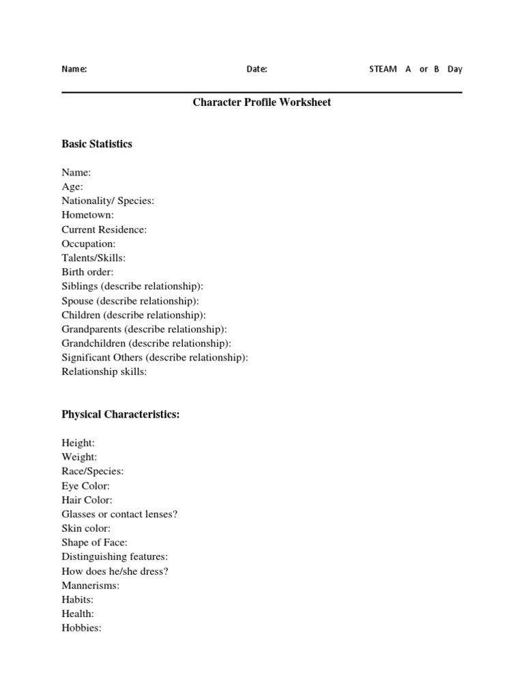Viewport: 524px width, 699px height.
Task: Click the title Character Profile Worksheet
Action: click(261, 102)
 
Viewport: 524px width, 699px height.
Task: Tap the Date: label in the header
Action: click(257, 69)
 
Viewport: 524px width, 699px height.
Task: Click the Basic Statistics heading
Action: click(97, 144)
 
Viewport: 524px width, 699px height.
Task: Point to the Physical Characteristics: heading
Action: click(121, 414)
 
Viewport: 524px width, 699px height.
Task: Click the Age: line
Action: click(72, 186)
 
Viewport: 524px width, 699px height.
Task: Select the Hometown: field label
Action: click(88, 215)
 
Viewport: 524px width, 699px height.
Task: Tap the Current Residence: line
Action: click(104, 229)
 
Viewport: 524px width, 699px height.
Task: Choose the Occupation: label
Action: click(89, 244)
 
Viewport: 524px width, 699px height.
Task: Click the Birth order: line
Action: click(87, 272)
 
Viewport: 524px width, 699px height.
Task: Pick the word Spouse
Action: click(78, 301)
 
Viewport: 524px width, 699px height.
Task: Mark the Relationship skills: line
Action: click(104, 372)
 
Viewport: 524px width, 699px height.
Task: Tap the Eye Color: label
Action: click(85, 486)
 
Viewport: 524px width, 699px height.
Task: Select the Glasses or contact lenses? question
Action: click(119, 514)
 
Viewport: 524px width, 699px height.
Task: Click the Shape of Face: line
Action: click(95, 543)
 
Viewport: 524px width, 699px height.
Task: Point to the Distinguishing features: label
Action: click(115, 557)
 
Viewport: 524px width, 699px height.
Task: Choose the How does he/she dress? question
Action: click(115, 571)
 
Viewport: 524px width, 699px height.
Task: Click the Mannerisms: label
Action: click(90, 586)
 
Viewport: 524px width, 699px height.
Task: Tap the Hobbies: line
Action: click(81, 628)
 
